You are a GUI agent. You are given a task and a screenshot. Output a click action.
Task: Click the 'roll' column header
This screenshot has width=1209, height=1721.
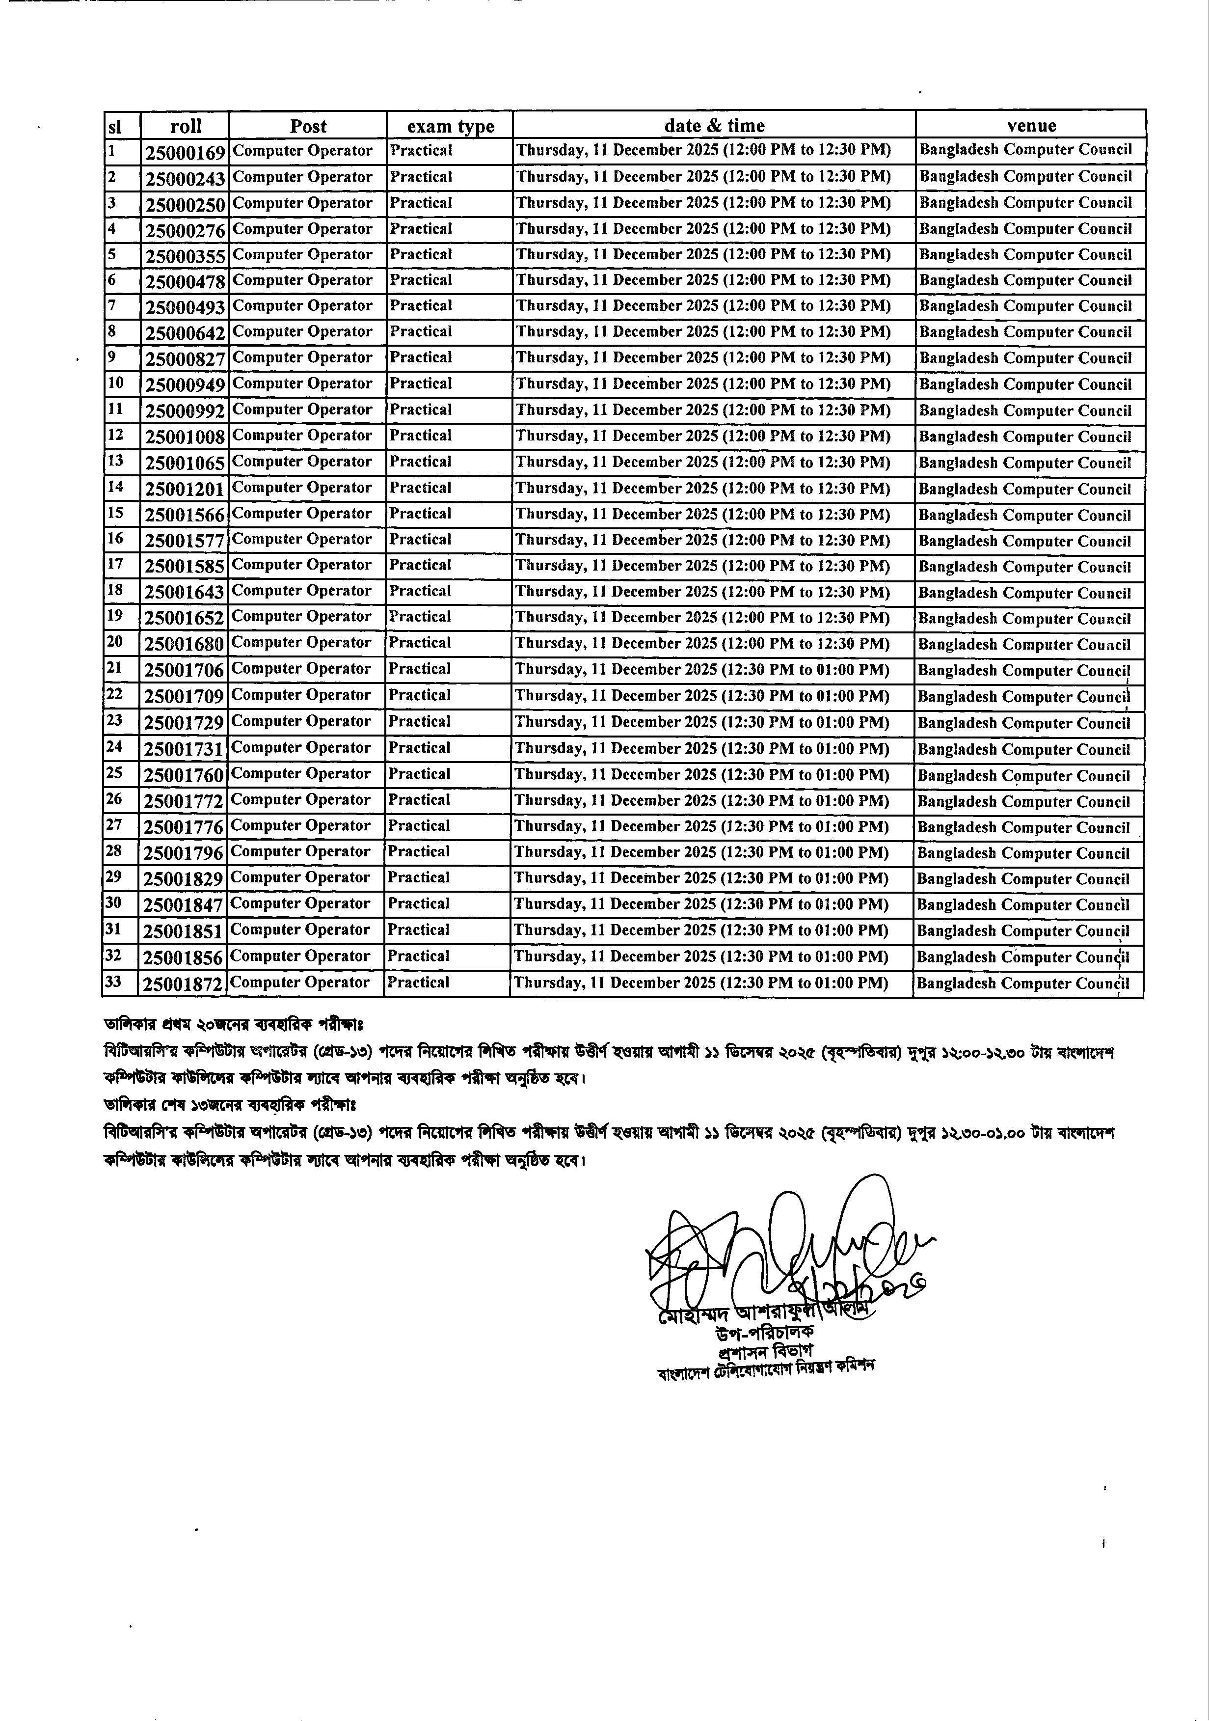[185, 126]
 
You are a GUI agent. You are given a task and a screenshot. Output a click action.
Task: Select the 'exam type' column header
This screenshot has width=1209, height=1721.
[451, 126]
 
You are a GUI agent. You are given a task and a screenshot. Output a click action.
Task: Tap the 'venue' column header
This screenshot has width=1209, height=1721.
[1031, 126]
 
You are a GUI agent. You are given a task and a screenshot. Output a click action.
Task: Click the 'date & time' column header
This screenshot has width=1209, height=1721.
[714, 126]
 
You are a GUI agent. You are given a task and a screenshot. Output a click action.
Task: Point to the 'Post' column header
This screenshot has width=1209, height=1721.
[308, 126]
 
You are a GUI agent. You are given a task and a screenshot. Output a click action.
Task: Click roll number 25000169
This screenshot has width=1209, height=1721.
[185, 153]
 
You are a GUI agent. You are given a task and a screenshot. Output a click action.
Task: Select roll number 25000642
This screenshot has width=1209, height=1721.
[185, 333]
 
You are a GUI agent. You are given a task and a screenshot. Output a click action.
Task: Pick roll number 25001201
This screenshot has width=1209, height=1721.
[185, 490]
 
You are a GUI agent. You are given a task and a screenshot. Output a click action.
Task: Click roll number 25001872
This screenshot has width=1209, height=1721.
[184, 984]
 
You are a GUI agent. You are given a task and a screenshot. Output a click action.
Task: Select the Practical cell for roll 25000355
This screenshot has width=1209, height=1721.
[421, 255]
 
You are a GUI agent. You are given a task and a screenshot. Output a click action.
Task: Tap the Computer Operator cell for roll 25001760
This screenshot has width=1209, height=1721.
[300, 774]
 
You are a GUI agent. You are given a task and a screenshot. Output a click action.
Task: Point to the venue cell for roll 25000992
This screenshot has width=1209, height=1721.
[1025, 411]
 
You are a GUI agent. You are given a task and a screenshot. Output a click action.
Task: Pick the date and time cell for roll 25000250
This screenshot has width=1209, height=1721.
[703, 203]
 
